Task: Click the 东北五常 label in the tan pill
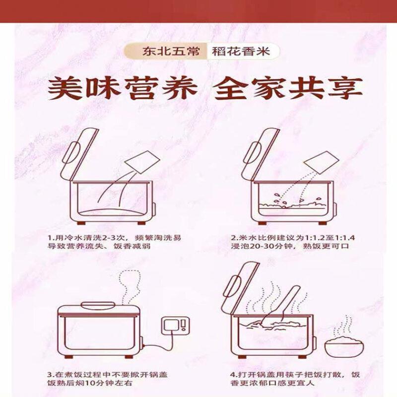[171, 52]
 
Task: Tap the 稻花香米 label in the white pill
[241, 52]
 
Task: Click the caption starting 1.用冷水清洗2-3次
[115, 242]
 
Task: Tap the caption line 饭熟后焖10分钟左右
[90, 383]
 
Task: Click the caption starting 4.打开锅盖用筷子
[295, 379]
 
